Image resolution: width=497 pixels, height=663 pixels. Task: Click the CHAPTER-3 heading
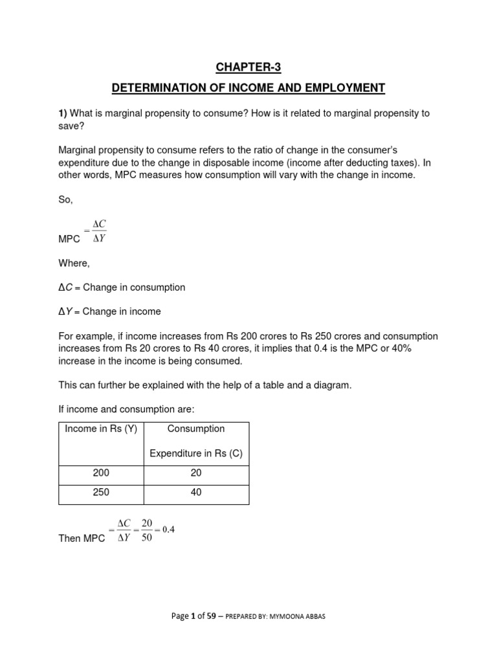(x=248, y=68)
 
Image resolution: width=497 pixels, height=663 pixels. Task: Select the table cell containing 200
(x=101, y=473)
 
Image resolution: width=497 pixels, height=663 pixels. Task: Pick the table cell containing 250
(x=101, y=492)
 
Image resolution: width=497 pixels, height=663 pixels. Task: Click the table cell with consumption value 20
(x=196, y=473)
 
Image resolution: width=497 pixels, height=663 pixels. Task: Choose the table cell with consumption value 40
(x=196, y=492)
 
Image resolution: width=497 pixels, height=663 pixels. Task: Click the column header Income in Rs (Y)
(x=101, y=429)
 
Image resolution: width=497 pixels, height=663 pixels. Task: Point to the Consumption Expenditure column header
(x=196, y=441)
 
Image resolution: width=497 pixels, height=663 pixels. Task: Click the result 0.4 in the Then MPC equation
(x=168, y=529)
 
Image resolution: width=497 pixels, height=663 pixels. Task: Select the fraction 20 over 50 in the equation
(x=146, y=530)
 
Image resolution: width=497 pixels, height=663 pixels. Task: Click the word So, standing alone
(x=65, y=200)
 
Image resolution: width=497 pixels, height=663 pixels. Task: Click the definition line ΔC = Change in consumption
(x=122, y=287)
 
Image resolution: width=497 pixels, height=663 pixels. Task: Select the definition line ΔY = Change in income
(x=109, y=311)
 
